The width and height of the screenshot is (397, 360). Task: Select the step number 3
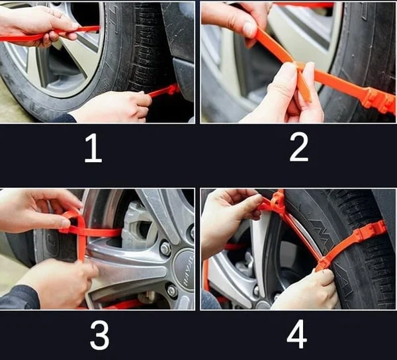[99, 336]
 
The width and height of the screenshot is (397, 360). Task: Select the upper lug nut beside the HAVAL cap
[165, 249]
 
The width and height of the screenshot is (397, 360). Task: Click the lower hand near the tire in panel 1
[112, 106]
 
